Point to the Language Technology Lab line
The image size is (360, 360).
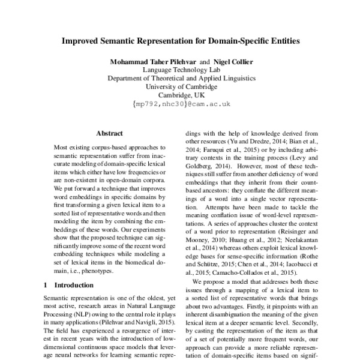pos(181,70)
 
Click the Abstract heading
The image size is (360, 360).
pos(109,133)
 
